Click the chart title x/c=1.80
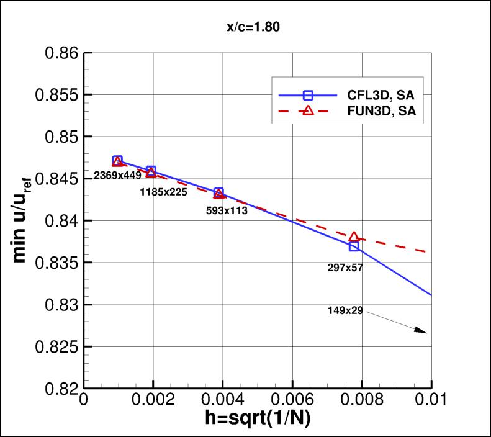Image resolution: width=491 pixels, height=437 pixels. click(246, 27)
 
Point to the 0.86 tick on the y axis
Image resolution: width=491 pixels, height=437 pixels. click(61, 53)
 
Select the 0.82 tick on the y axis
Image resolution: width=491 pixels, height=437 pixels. click(61, 389)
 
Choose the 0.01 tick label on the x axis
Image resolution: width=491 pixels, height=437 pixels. click(430, 399)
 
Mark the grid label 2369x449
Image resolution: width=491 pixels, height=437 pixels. click(117, 176)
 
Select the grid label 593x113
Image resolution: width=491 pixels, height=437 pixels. click(227, 210)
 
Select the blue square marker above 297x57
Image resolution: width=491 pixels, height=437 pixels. click(354, 246)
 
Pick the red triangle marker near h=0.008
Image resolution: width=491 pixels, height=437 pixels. click(354, 237)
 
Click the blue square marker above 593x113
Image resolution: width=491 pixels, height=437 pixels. click(218, 192)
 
